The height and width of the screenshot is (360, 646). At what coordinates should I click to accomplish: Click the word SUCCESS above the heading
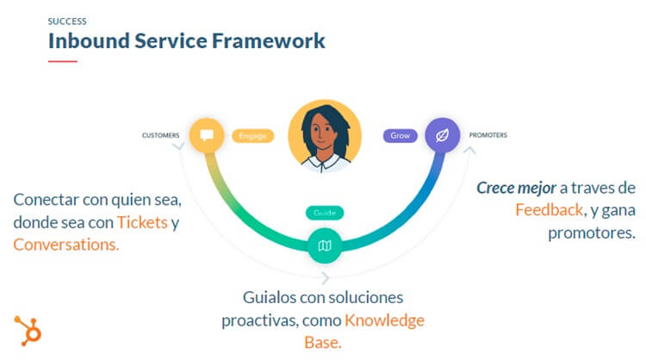[x=67, y=20]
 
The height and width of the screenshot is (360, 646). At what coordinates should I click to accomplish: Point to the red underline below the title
[x=62, y=61]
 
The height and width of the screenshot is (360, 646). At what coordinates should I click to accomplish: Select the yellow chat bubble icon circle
[x=206, y=135]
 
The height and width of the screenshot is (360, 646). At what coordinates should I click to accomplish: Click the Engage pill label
[x=252, y=135]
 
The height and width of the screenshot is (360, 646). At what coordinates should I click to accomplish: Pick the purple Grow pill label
[x=401, y=135]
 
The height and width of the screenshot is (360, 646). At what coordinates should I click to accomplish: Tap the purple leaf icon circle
[x=442, y=135]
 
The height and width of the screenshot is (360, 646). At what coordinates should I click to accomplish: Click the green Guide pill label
[x=325, y=212]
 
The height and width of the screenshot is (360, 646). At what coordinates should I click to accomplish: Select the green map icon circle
[x=325, y=246]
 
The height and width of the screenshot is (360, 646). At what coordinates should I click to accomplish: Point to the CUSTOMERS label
[x=161, y=135]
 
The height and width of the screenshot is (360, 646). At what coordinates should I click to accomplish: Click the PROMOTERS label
[x=488, y=135]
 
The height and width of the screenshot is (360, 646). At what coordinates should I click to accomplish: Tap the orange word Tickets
[x=141, y=222]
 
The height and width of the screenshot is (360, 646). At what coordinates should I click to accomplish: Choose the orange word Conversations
[x=66, y=245]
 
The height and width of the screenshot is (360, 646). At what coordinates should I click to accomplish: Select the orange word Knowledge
[x=385, y=320]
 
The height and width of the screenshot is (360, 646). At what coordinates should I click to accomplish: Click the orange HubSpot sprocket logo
[x=28, y=330]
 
